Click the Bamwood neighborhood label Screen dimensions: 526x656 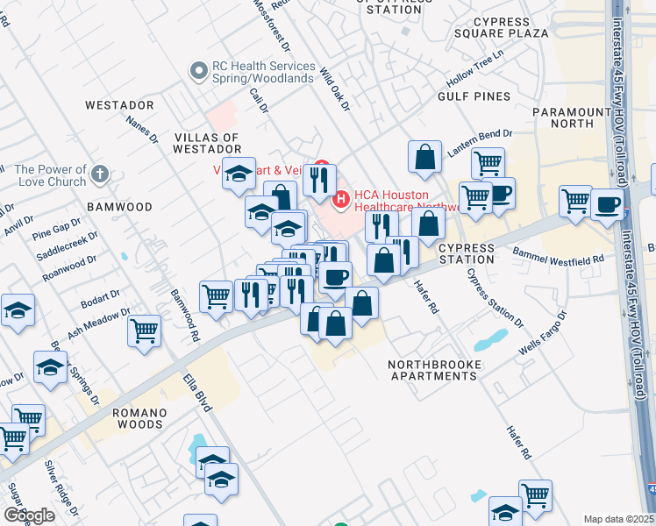coord(119,207)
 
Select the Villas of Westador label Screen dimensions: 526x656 coord(207,144)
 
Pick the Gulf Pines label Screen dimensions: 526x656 coord(479,96)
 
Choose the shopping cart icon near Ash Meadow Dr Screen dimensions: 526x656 coord(144,331)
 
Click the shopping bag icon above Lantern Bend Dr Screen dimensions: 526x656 coord(424,156)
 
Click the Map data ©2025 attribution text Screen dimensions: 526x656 coord(618,519)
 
